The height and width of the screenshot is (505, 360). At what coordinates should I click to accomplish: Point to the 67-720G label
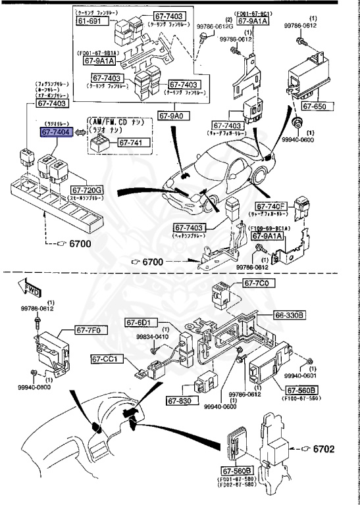click(x=87, y=190)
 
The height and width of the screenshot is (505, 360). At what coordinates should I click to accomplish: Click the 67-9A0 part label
click(x=174, y=115)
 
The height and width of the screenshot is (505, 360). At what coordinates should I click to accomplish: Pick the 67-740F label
click(x=286, y=205)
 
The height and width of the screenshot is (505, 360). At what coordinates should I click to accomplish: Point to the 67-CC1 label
click(x=106, y=359)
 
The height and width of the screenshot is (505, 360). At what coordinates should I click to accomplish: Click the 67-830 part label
click(x=178, y=400)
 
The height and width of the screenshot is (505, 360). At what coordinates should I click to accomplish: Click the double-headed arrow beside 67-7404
click(x=79, y=132)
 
